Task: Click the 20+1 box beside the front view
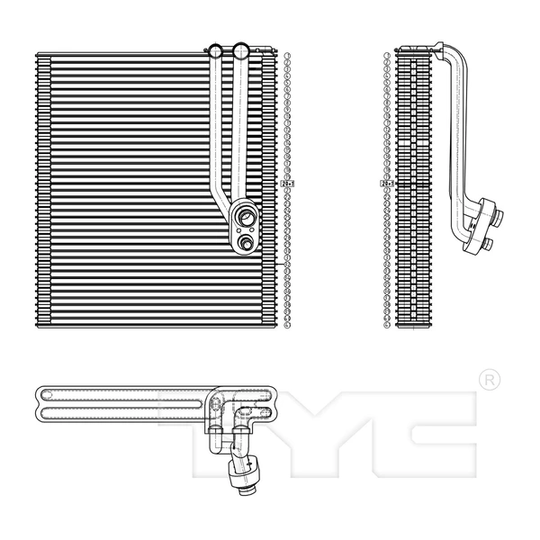pyautogui.click(x=288, y=184)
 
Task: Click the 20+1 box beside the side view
pyautogui.click(x=388, y=184)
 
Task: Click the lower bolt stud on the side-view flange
pyautogui.click(x=487, y=243)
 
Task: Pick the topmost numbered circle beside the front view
pyautogui.click(x=287, y=57)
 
